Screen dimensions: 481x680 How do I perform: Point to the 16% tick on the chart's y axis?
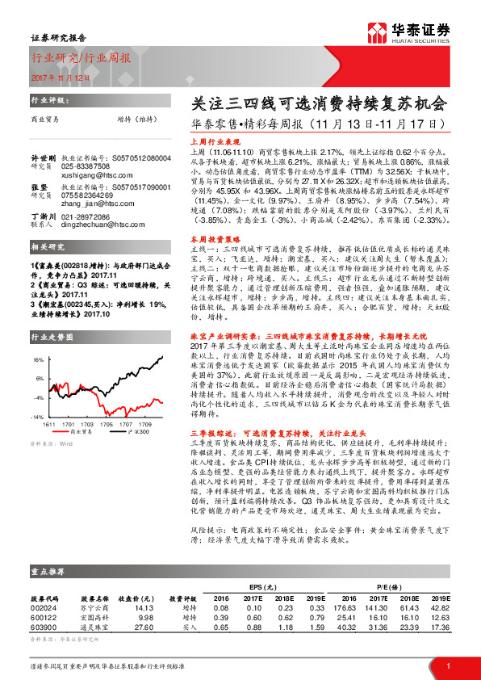[x=38, y=358]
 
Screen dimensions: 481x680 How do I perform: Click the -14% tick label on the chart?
[x=37, y=417]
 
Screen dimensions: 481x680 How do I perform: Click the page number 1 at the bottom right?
[x=448, y=665]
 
